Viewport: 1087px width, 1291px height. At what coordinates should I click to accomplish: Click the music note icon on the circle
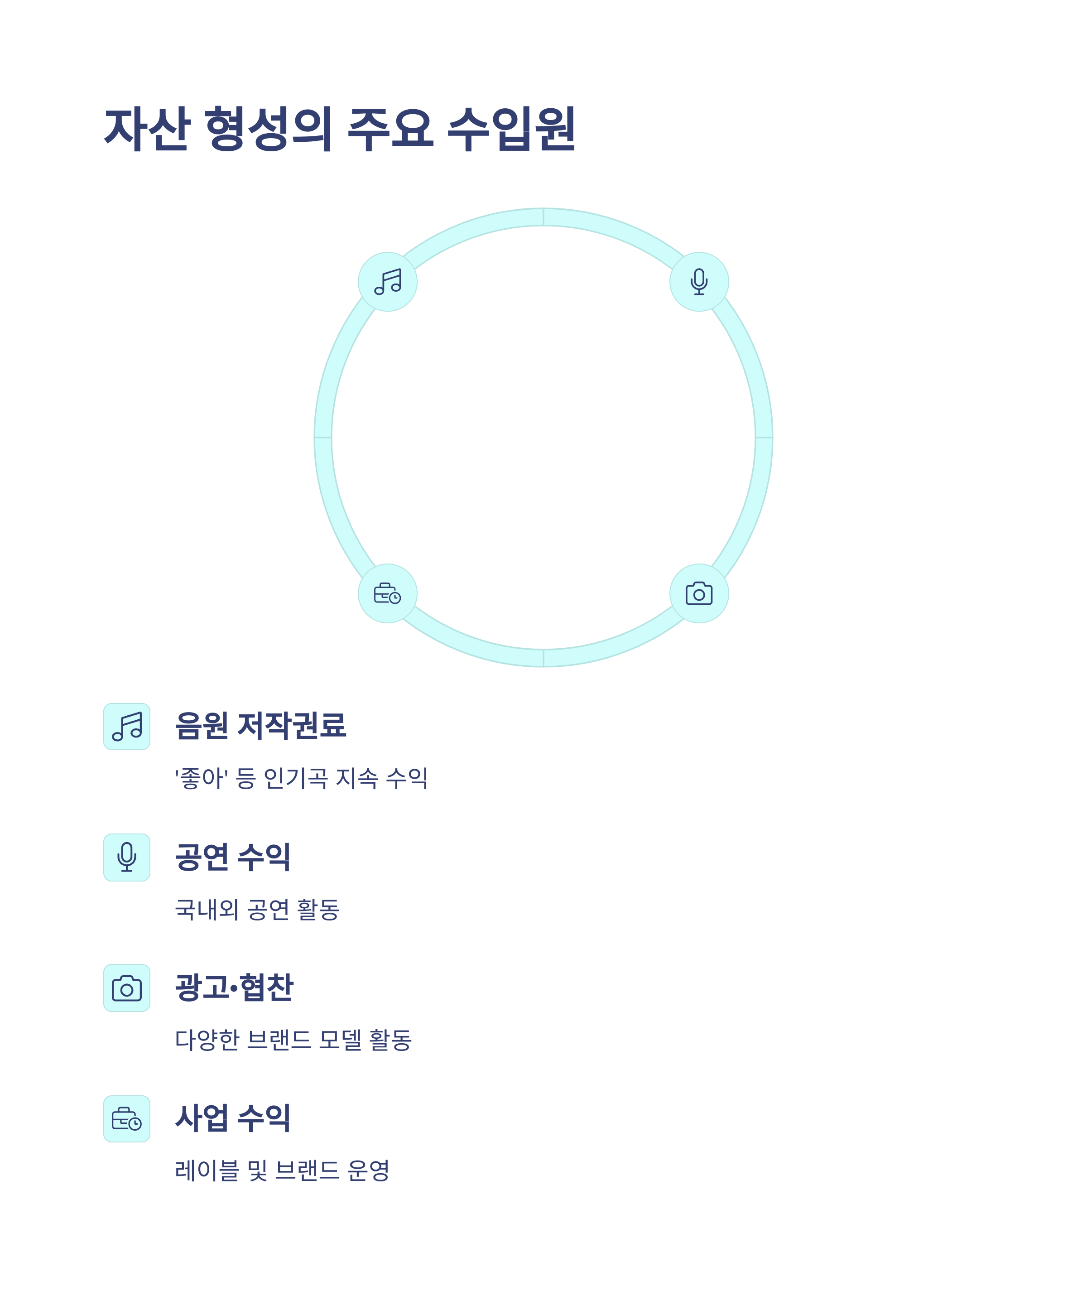pos(388,282)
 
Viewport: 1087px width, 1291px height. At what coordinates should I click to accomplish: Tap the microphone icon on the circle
pos(699,282)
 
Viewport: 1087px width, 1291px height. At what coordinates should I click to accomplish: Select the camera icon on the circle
pos(699,593)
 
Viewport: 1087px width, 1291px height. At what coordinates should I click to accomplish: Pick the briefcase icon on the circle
pos(388,593)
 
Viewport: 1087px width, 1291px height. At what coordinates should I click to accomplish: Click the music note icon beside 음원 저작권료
pos(127,727)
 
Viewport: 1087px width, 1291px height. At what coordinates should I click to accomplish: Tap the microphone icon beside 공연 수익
pos(127,857)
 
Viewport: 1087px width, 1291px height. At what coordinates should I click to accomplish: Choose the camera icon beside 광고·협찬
pos(127,988)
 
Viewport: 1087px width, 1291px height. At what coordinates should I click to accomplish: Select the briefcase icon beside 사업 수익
pos(127,1118)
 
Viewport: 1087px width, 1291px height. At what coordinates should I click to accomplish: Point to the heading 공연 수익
pos(232,857)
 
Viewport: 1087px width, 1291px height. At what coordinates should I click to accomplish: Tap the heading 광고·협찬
pos(234,987)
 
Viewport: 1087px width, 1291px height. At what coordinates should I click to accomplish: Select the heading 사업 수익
pos(232,1118)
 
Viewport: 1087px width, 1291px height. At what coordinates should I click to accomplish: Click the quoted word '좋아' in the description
pos(202,778)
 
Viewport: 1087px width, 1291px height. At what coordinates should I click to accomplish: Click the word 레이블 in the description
pos(207,1170)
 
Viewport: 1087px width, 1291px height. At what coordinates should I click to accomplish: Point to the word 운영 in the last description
pos(368,1170)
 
